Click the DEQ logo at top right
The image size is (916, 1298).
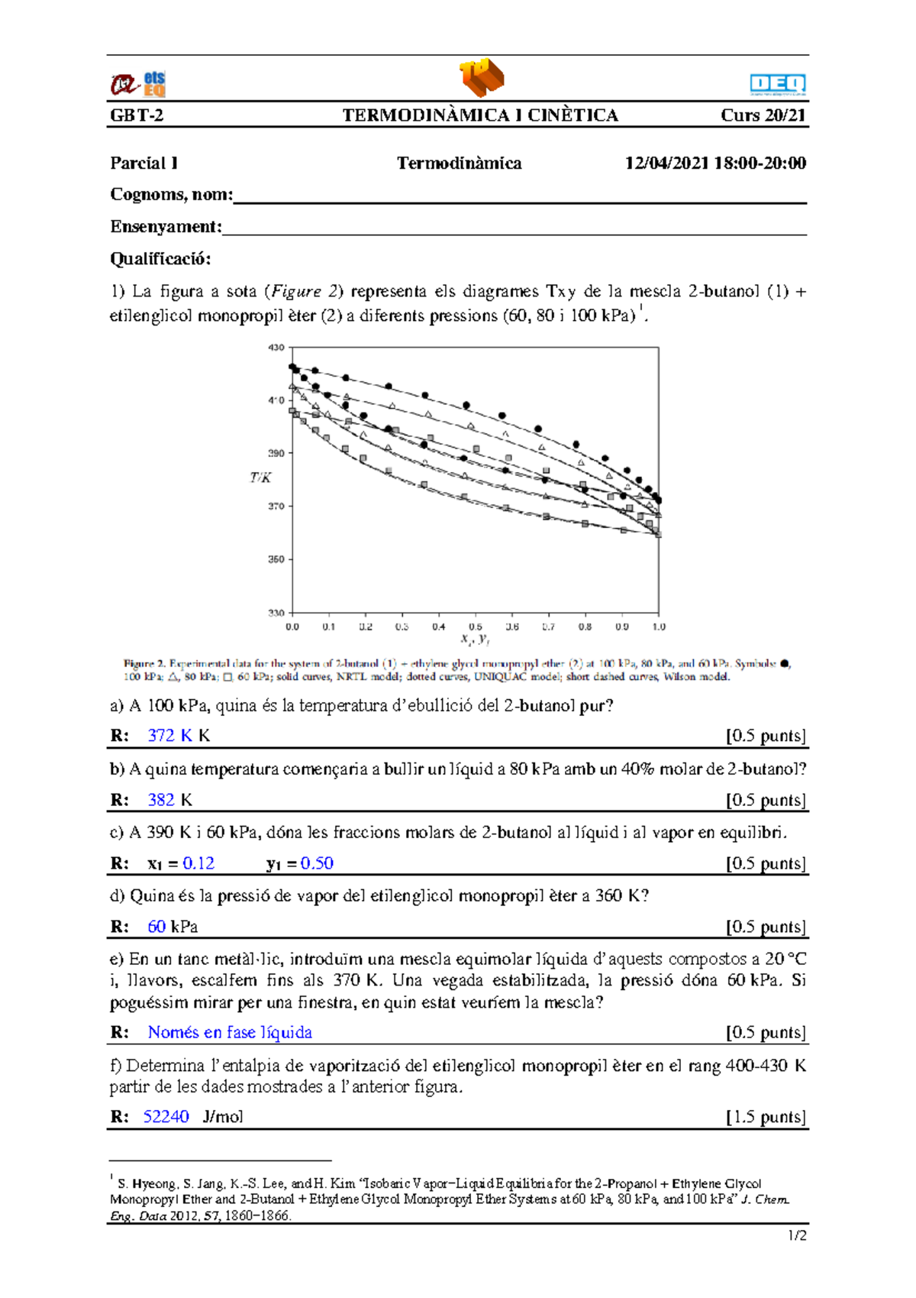(x=777, y=84)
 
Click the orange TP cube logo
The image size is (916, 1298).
(x=482, y=77)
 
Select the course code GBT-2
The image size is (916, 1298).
(x=137, y=115)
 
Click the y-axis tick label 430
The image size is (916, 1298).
(x=276, y=348)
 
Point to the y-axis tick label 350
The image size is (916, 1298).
(x=276, y=559)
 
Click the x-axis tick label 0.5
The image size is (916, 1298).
(x=475, y=626)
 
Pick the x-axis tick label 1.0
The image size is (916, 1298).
(x=658, y=626)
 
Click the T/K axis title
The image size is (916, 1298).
(x=260, y=477)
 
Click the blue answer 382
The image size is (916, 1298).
(x=161, y=800)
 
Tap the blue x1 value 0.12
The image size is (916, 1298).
(x=198, y=863)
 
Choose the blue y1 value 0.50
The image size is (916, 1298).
(x=317, y=863)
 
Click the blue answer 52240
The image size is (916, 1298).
(x=166, y=1116)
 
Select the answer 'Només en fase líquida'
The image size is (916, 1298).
(x=230, y=1032)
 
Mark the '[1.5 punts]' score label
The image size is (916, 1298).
(x=766, y=1117)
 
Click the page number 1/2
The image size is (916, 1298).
(x=797, y=1236)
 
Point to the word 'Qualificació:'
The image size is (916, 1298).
(x=160, y=259)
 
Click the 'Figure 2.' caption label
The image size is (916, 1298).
(x=144, y=663)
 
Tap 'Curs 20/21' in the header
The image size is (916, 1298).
(x=763, y=115)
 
